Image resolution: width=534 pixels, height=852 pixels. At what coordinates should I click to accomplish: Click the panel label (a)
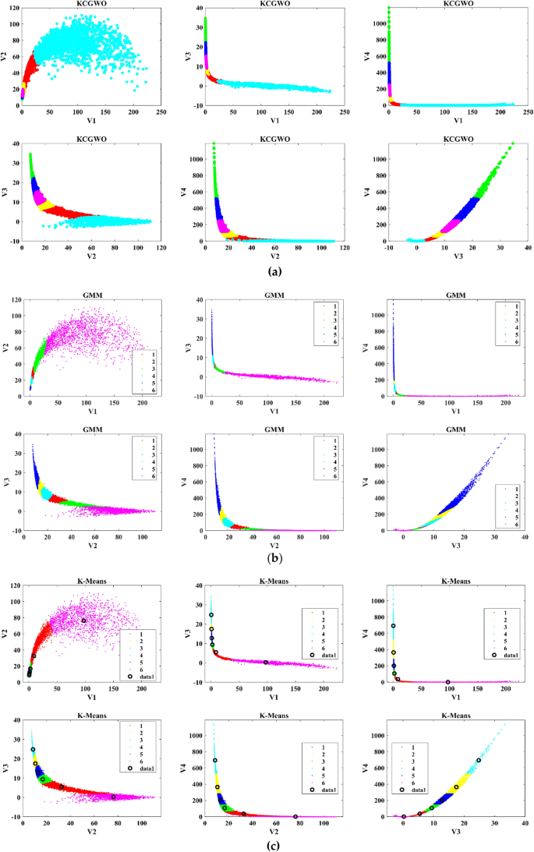[x=274, y=271]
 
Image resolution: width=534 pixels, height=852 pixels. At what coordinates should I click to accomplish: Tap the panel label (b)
[x=274, y=558]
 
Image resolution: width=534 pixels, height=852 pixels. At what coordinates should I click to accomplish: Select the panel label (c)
[x=274, y=845]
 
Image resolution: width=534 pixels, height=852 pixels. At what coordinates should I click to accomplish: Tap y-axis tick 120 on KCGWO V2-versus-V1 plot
[x=15, y=11]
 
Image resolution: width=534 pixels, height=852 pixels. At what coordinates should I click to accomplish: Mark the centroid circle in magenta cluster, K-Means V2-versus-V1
[x=83, y=620]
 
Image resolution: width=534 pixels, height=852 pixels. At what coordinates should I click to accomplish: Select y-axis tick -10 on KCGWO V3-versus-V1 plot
[x=197, y=105]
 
